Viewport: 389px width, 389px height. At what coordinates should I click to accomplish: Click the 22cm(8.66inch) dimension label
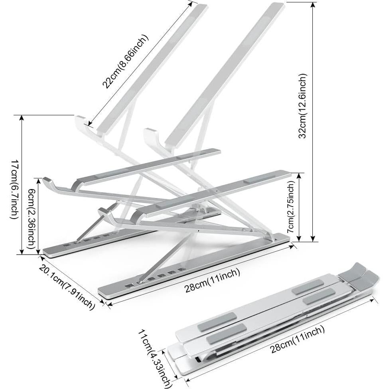click(x=125, y=61)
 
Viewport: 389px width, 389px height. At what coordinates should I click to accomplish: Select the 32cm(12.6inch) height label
click(x=303, y=106)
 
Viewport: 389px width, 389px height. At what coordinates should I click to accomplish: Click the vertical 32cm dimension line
click(x=314, y=120)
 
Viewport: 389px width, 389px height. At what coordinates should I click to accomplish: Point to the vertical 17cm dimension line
click(x=22, y=184)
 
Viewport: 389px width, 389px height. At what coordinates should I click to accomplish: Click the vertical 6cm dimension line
click(x=38, y=215)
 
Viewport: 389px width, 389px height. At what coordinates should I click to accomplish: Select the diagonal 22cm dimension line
click(x=140, y=64)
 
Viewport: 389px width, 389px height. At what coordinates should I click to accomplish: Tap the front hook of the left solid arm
click(x=50, y=182)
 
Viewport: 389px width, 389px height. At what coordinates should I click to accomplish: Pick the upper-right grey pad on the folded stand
click(x=308, y=287)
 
